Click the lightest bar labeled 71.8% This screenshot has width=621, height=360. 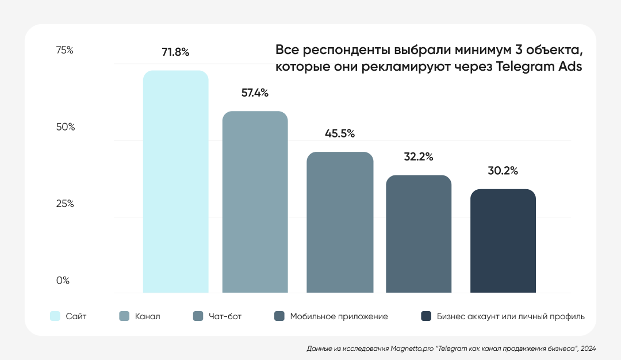click(x=175, y=182)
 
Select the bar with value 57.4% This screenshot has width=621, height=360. click(x=255, y=202)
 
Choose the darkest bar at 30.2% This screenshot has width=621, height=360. click(x=503, y=241)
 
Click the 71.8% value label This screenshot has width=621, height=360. click(x=175, y=52)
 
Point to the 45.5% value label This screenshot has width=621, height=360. click(x=340, y=133)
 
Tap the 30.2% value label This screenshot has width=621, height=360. click(x=503, y=171)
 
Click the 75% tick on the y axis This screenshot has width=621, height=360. click(x=64, y=51)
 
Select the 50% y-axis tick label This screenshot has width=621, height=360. click(x=65, y=127)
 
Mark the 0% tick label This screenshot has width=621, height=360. click(x=62, y=281)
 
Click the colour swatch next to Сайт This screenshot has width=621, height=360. click(x=55, y=316)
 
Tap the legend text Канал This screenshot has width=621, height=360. click(x=148, y=316)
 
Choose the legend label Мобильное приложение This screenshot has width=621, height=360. click(x=339, y=316)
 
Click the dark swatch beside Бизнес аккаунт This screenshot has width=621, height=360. click(x=426, y=316)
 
